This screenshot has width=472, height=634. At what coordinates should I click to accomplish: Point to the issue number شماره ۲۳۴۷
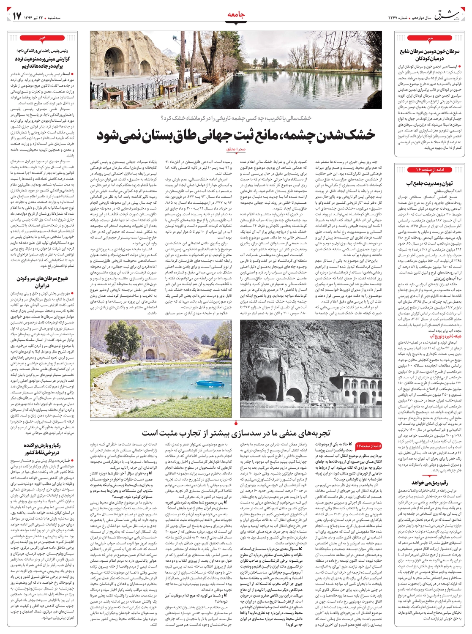tap(399, 17)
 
